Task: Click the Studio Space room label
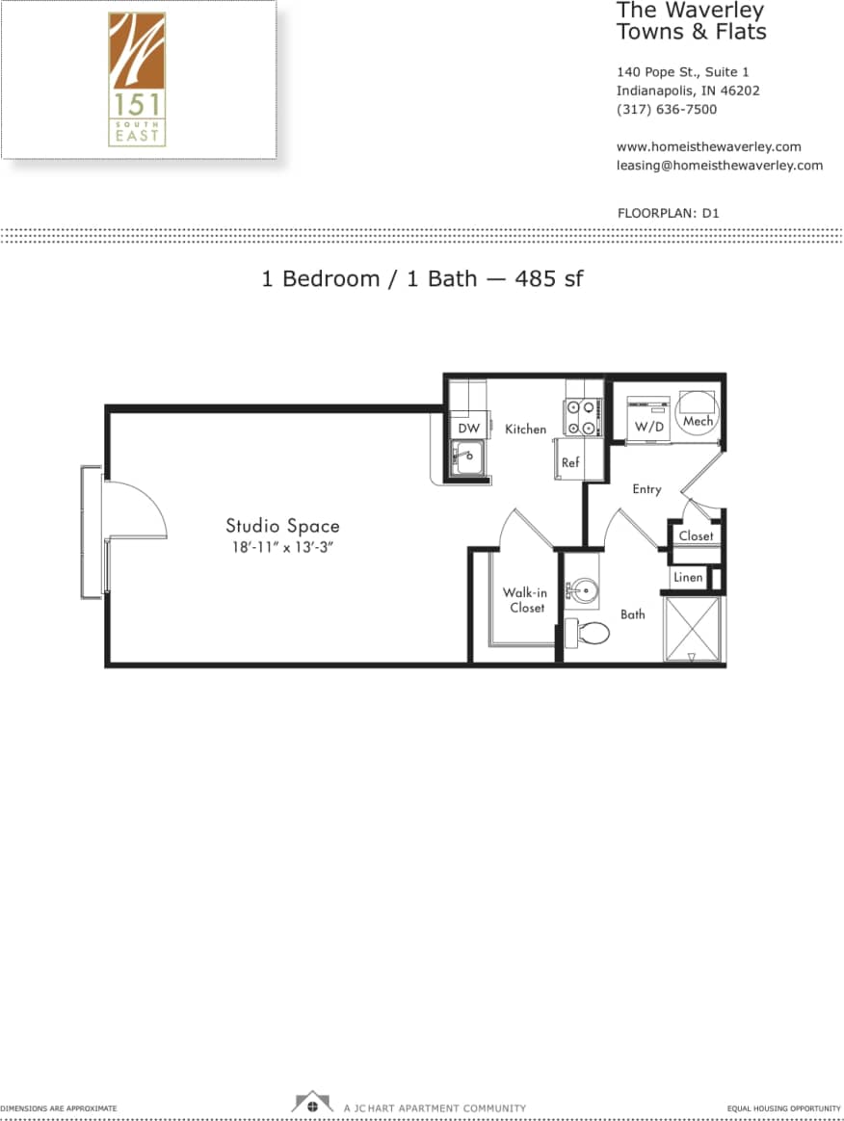tap(282, 526)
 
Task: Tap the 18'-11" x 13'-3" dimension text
tap(282, 547)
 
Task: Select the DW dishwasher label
tap(468, 429)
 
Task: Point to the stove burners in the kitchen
tap(583, 418)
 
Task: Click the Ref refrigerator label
tap(570, 462)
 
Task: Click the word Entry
tap(646, 489)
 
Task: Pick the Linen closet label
tap(688, 577)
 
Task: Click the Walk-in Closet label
tap(525, 600)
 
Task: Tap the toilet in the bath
tap(590, 633)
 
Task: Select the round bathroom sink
tap(583, 589)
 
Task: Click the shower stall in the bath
tap(693, 629)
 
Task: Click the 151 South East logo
tap(137, 79)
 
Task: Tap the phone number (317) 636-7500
tap(667, 110)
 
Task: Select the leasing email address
tap(719, 165)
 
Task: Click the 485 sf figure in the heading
tap(549, 279)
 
